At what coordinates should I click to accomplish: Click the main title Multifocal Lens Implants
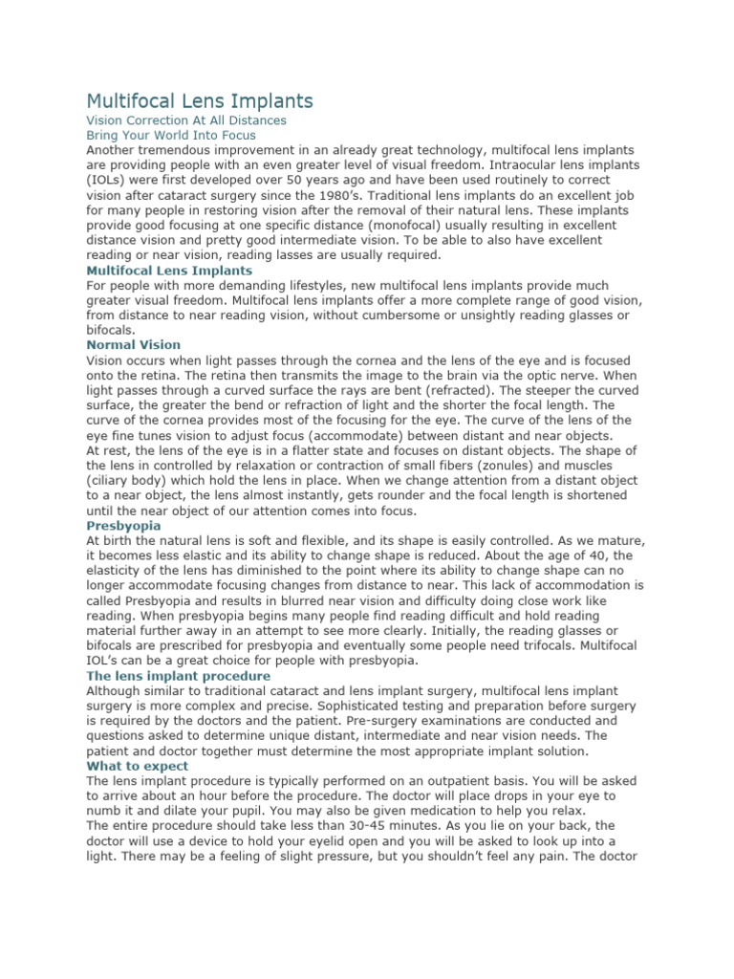coord(200,100)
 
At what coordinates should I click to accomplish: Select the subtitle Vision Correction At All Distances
coord(186,121)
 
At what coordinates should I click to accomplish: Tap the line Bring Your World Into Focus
coord(171,136)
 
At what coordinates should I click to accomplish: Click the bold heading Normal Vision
coord(133,344)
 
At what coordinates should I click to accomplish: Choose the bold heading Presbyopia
coord(123,526)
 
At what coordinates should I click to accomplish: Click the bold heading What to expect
coord(138,766)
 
